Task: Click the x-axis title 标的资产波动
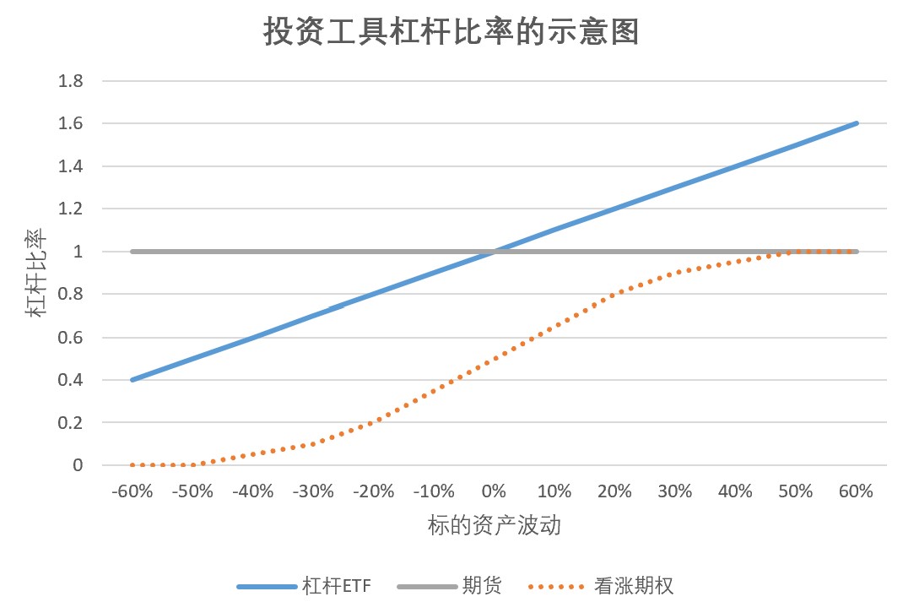point(494,526)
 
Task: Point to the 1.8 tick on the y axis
point(70,81)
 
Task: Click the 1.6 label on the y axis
point(70,123)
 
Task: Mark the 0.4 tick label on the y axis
point(70,380)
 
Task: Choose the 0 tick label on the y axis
point(78,465)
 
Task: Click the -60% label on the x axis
point(132,491)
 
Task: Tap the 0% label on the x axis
point(494,491)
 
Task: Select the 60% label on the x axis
point(857,491)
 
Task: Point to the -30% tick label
point(313,491)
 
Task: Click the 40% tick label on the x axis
point(736,491)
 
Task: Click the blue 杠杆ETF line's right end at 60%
point(857,123)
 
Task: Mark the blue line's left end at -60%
point(132,380)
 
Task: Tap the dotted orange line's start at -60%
point(132,465)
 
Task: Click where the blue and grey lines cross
point(494,252)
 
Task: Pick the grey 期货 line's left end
point(132,252)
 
